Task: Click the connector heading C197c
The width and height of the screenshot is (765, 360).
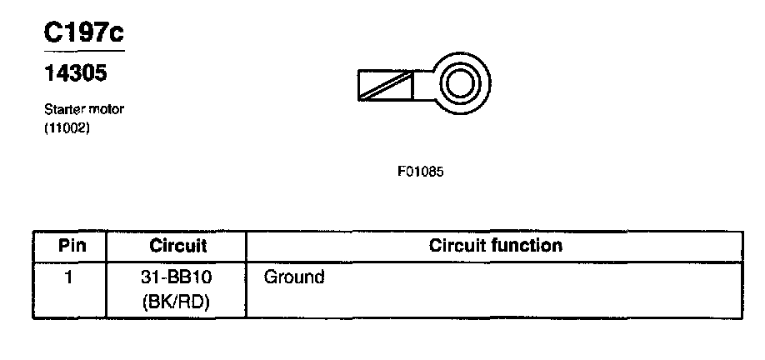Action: coord(83,33)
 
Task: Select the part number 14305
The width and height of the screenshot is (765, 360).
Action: coord(75,74)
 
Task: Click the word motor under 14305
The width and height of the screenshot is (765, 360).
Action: coord(105,109)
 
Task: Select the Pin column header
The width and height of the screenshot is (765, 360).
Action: coord(71,246)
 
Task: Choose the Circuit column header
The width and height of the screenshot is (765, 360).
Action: coord(178,246)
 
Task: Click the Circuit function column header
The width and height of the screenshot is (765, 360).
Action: coord(495,246)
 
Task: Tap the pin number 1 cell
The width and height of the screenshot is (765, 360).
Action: coord(71,277)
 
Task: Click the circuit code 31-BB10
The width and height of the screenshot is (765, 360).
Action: coord(177,277)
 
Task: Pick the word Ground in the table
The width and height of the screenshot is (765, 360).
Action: coord(293,277)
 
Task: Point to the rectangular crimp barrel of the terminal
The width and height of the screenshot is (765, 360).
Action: coord(386,86)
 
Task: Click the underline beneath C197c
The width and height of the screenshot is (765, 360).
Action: coord(83,51)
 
